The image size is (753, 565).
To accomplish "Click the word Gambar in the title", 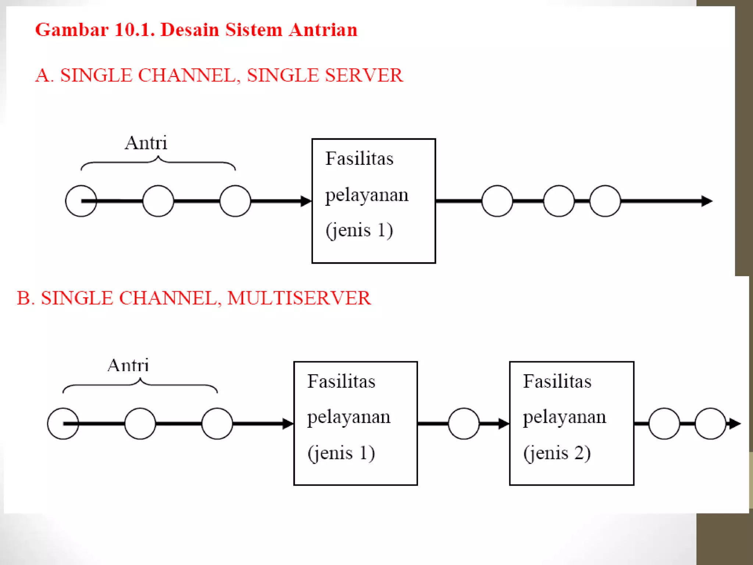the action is click(72, 30).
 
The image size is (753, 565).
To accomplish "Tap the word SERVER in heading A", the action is click(364, 75).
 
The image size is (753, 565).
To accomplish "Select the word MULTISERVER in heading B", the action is click(299, 298).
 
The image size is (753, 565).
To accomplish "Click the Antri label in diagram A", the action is click(146, 143).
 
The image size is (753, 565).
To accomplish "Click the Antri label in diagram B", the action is click(128, 366).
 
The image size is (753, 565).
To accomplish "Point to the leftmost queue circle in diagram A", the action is click(81, 201).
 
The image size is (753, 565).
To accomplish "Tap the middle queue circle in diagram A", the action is click(158, 201).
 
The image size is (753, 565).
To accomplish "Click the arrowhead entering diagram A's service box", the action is click(306, 201).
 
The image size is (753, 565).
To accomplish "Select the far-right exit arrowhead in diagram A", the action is click(707, 201).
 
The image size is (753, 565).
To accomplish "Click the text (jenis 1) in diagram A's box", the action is click(359, 231).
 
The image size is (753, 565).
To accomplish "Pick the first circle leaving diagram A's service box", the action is click(497, 201).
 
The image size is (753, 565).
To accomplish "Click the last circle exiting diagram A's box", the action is click(605, 201).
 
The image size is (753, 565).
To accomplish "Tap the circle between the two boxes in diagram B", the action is click(464, 424).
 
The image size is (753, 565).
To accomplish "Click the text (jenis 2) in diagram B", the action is click(557, 453).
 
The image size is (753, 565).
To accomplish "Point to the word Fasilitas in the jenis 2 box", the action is click(557, 381).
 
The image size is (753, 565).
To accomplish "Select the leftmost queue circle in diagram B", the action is click(63, 424).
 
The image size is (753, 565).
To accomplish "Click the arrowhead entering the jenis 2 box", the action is click(504, 424).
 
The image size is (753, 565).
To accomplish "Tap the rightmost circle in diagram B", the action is click(710, 424).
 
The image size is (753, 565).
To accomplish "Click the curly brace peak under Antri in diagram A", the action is click(158, 157).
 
